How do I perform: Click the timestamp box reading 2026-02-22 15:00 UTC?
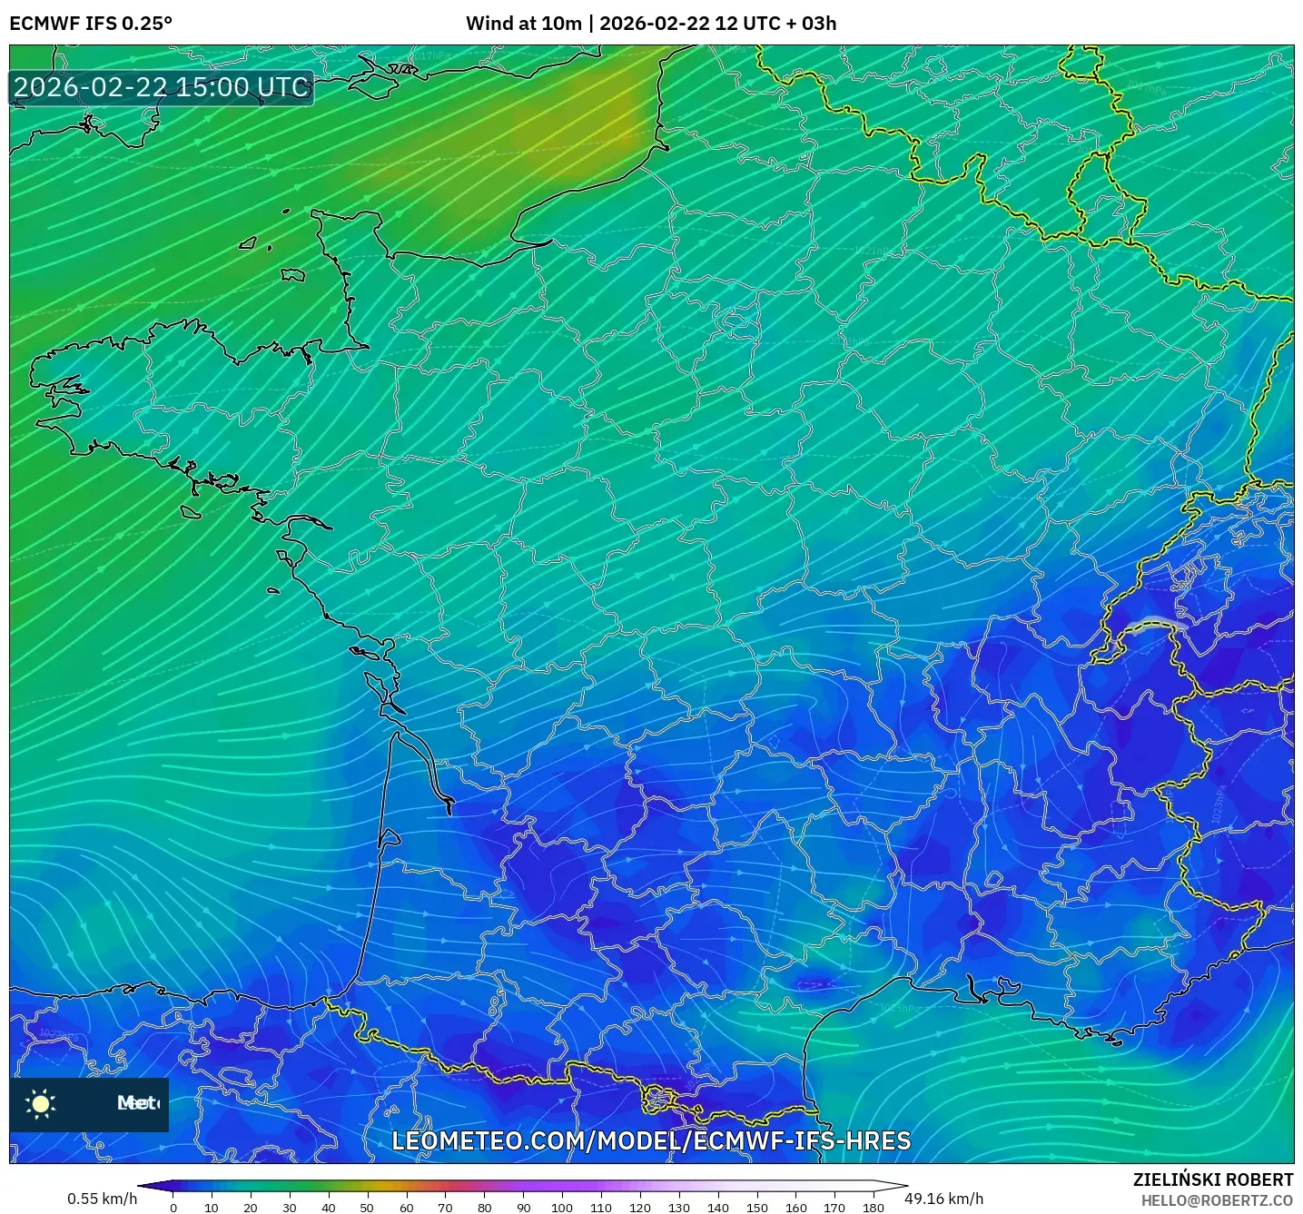tap(162, 87)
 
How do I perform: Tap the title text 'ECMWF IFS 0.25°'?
tap(91, 24)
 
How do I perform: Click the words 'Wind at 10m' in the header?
tap(523, 24)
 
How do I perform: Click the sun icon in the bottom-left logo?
tap(41, 1103)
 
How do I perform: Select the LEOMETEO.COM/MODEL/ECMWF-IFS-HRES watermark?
tap(651, 1140)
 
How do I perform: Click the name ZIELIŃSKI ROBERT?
tap(1213, 1179)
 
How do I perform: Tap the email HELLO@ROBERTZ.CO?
tap(1217, 1200)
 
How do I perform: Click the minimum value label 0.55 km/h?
tap(102, 1199)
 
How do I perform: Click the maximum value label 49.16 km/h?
tap(944, 1199)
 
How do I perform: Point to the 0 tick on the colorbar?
tap(173, 1208)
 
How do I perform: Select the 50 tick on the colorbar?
tap(367, 1208)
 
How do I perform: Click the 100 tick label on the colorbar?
tap(562, 1208)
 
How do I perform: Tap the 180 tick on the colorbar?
tap(874, 1208)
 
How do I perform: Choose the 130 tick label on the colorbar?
tap(679, 1208)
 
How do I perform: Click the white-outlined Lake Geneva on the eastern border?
tap(1153, 624)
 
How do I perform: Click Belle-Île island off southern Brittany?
tap(190, 512)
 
